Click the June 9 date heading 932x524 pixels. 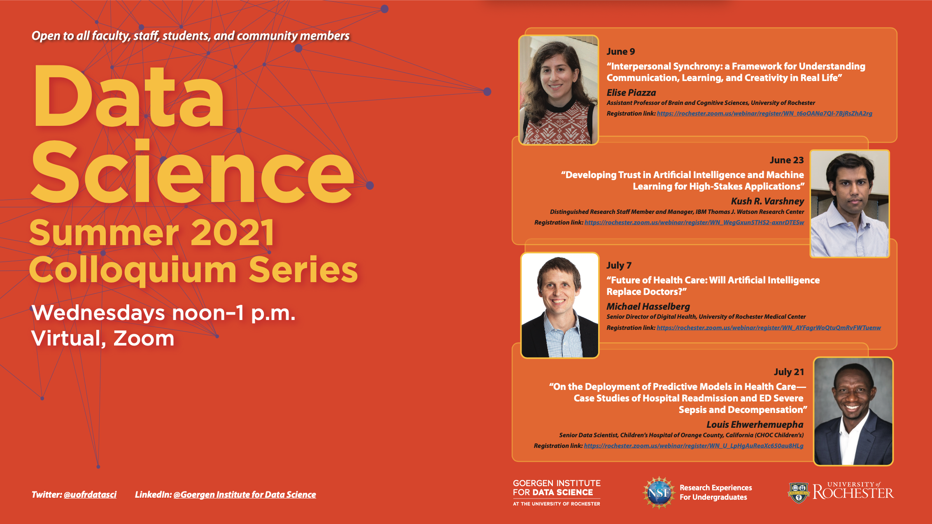click(620, 51)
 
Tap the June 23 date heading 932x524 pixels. click(787, 160)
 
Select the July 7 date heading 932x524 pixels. click(619, 265)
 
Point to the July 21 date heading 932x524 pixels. click(789, 372)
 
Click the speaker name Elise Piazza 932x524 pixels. click(631, 93)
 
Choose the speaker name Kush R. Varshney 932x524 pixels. click(767, 201)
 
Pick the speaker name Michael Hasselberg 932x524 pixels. click(648, 306)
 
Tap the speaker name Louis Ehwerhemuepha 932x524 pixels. click(755, 424)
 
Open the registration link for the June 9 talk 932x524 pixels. click(764, 114)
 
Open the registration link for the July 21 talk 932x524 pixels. click(694, 446)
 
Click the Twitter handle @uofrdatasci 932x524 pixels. click(90, 494)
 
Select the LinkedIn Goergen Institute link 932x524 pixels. click(245, 494)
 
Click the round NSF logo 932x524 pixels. click(659, 493)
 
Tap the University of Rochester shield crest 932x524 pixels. click(799, 493)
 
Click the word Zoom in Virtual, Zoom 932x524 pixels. click(144, 339)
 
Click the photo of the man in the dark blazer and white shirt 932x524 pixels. click(853, 411)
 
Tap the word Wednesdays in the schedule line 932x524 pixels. click(98, 313)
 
